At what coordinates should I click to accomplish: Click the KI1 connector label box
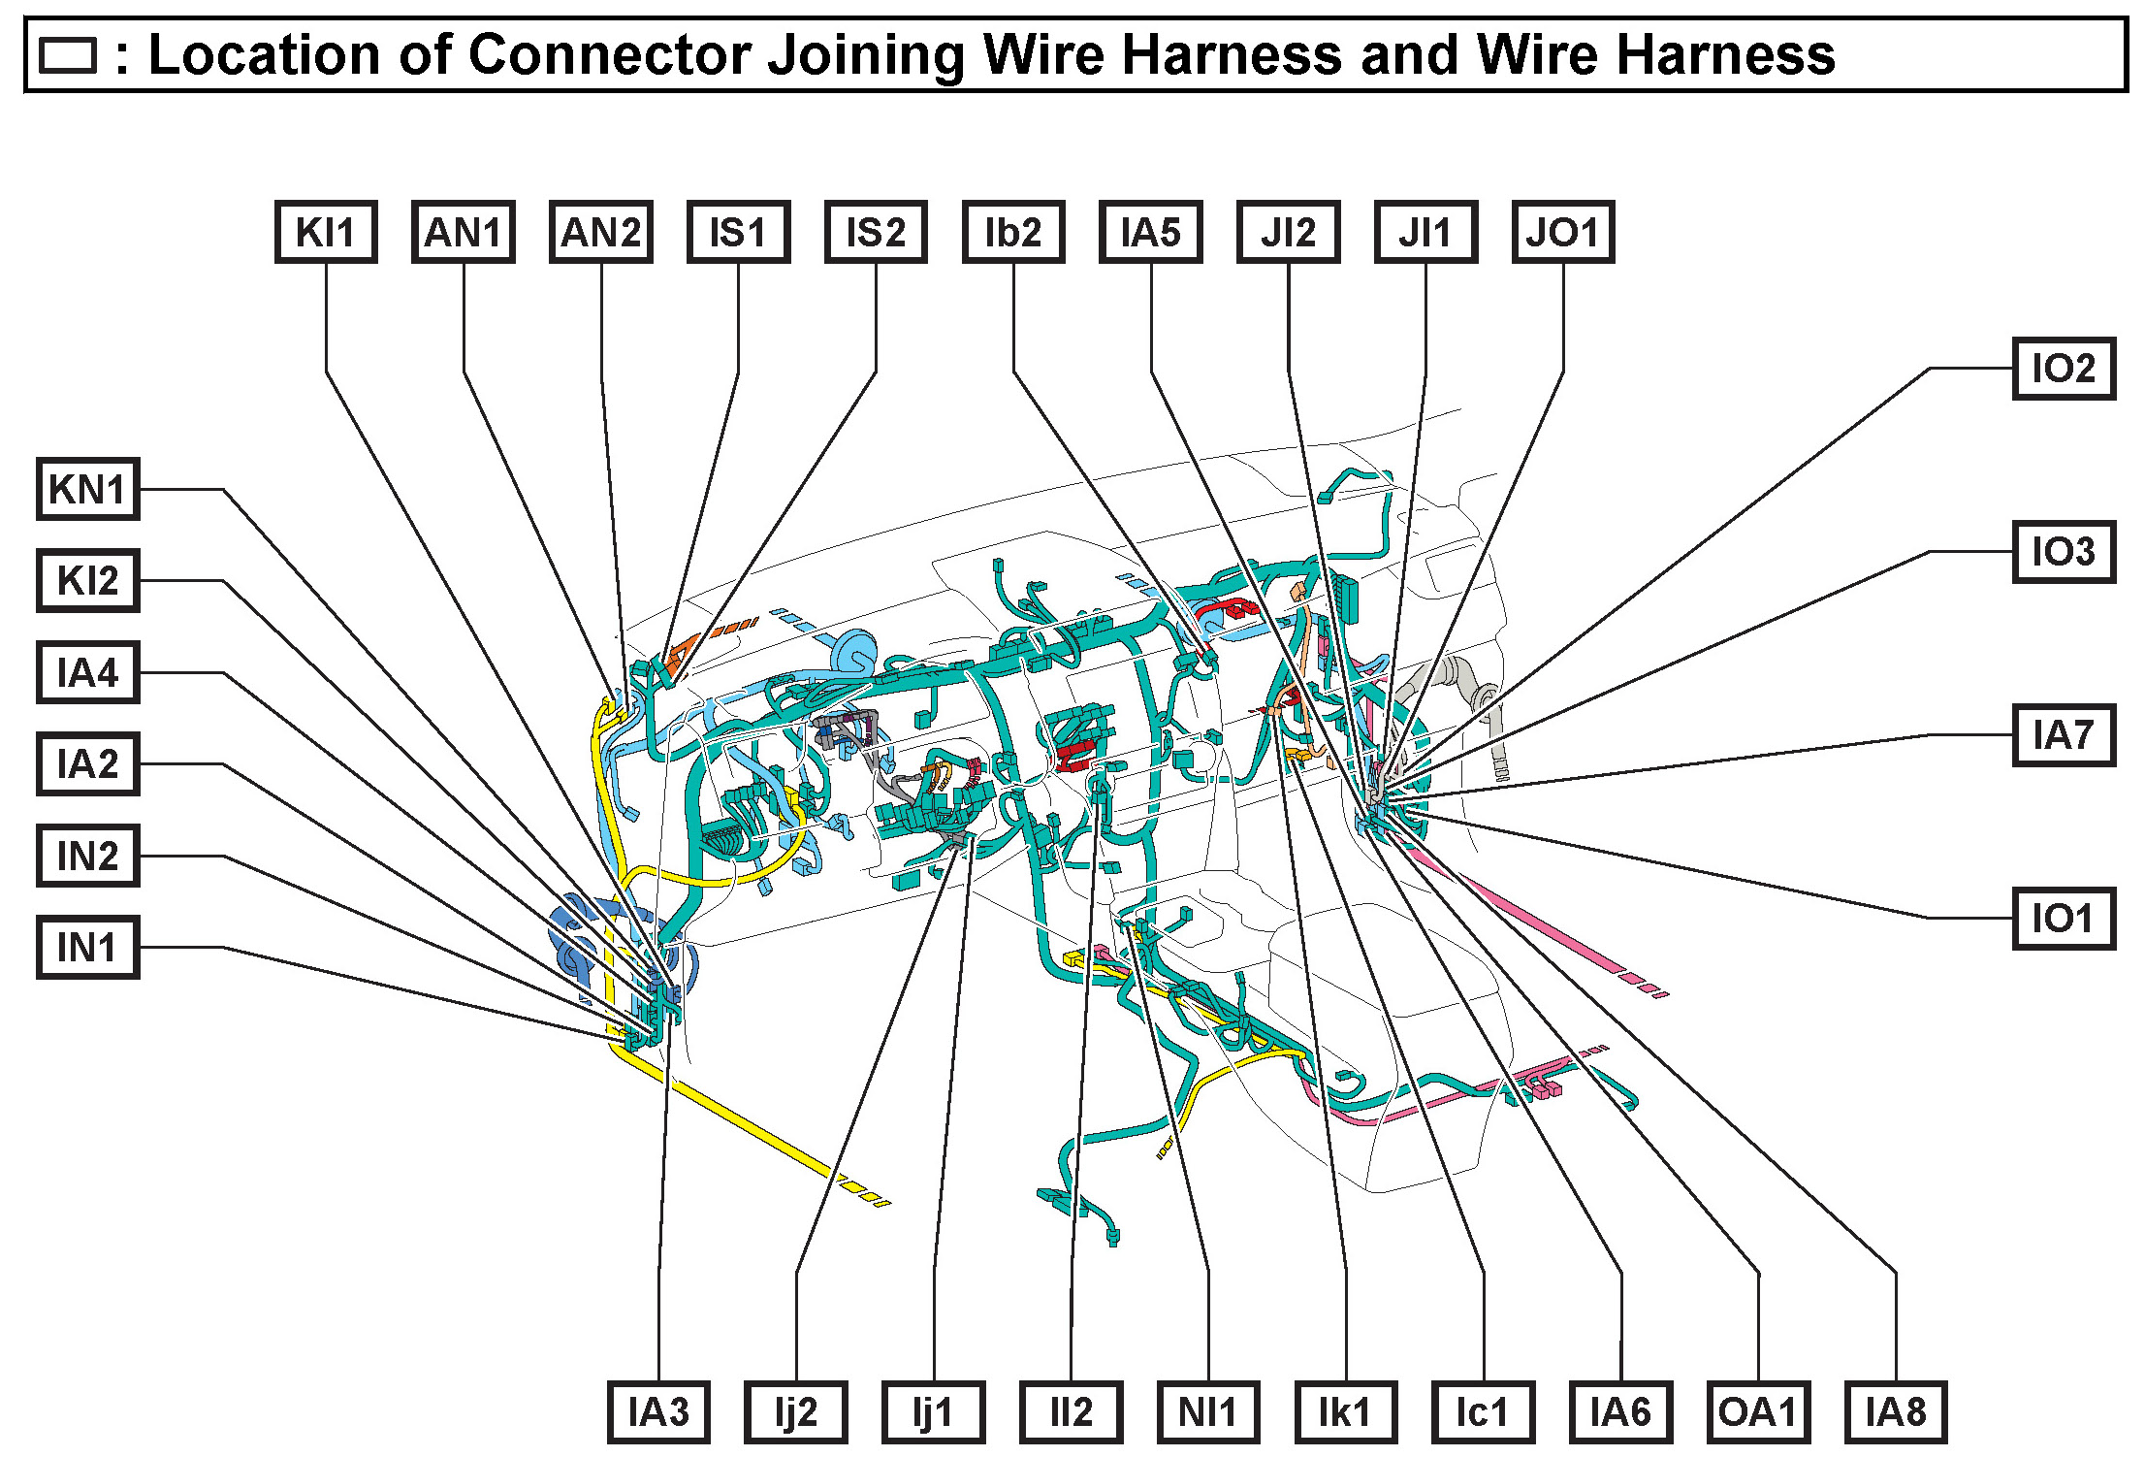point(326,233)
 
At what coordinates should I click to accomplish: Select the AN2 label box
point(601,233)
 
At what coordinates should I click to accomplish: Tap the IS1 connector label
point(739,233)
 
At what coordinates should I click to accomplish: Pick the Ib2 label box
point(1013,233)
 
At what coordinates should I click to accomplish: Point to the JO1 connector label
point(1563,233)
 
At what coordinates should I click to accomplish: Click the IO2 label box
point(2064,369)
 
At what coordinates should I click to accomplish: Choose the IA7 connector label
point(2064,735)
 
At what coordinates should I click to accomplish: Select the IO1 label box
point(2064,918)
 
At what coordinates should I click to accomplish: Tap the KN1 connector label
point(88,489)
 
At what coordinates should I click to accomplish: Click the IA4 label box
point(88,672)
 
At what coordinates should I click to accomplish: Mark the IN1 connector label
point(88,948)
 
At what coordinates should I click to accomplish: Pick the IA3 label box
point(658,1412)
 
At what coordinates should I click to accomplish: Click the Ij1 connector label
point(933,1412)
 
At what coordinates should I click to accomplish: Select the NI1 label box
point(1208,1412)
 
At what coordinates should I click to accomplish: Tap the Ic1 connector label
point(1483,1412)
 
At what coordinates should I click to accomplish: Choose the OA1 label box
point(1758,1412)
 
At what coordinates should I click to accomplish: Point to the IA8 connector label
point(1896,1412)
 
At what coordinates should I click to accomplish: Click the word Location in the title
point(262,54)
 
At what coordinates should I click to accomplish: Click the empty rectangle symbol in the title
point(67,56)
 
